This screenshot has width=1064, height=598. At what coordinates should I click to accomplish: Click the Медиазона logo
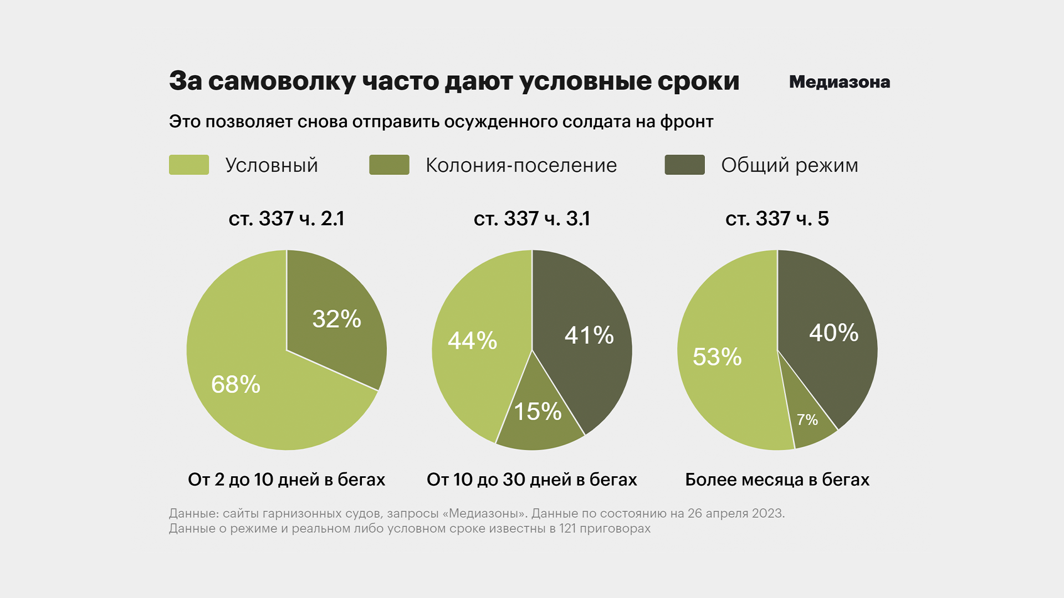(x=839, y=82)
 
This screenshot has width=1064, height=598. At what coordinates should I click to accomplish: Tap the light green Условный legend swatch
(x=189, y=165)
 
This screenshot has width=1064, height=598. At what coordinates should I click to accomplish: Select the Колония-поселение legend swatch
(x=389, y=165)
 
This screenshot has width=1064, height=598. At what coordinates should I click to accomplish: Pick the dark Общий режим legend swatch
(x=684, y=165)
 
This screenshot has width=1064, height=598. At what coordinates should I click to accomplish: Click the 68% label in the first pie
(x=236, y=384)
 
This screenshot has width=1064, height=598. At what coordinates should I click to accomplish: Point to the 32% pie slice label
(x=336, y=319)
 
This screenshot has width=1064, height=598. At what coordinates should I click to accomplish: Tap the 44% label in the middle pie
(x=472, y=341)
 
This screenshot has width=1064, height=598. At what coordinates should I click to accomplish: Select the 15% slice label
(x=538, y=411)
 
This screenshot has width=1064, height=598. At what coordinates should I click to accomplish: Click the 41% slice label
(x=589, y=335)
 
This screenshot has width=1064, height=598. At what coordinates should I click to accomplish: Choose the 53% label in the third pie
(x=717, y=357)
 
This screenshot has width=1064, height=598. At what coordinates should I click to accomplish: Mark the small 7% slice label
(x=807, y=420)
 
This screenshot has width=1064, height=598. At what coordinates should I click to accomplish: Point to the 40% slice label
(x=833, y=333)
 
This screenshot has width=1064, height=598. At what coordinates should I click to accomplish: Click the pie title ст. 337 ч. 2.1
(x=287, y=219)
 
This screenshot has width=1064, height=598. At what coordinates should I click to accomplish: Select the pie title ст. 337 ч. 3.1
(x=532, y=219)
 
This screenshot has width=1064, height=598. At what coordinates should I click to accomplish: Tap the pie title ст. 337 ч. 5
(x=777, y=219)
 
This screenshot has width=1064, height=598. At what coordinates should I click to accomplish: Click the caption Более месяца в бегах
(x=777, y=480)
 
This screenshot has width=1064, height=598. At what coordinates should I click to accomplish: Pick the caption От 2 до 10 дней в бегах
(x=287, y=480)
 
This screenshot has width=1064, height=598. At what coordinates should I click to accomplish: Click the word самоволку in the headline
(x=282, y=82)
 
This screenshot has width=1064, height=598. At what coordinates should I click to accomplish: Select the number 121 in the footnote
(x=567, y=528)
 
